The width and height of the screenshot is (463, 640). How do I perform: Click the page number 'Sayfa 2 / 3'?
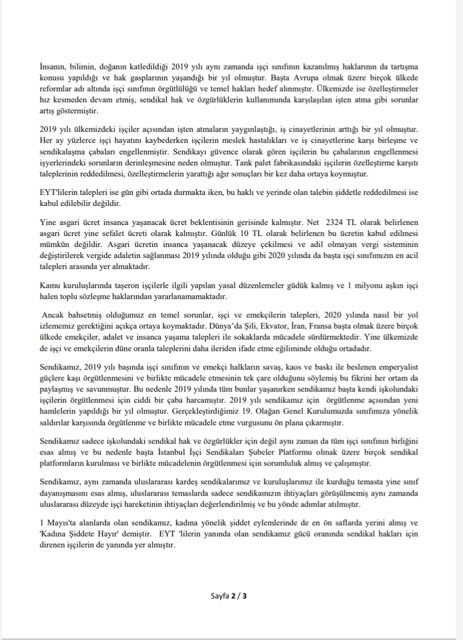229,596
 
